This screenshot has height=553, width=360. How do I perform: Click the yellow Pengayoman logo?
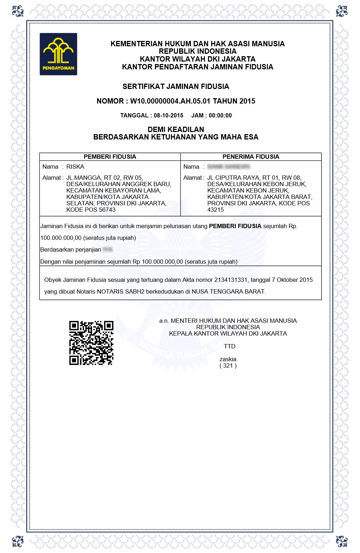[58, 54]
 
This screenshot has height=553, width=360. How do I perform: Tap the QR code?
[91, 343]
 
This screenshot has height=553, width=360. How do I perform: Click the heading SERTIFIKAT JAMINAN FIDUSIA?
[176, 86]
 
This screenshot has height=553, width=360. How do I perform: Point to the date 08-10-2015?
[168, 115]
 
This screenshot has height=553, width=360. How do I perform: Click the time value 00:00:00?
[220, 115]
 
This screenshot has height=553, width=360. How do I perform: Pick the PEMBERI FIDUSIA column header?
[110, 157]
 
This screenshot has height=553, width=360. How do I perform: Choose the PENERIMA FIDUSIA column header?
[251, 157]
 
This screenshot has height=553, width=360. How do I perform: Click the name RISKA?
[75, 167]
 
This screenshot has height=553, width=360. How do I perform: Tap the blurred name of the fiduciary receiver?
[229, 167]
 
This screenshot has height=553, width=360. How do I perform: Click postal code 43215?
[215, 210]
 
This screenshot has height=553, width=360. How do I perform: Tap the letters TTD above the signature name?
[229, 346]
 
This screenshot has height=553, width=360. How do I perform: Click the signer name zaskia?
[228, 359]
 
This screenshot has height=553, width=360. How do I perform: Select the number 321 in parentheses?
[228, 365]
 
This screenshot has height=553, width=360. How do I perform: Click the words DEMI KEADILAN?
[176, 130]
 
